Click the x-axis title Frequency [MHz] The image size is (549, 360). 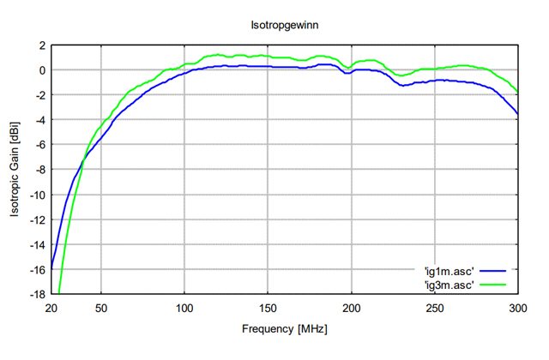284,327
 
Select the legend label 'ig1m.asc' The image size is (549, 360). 448,271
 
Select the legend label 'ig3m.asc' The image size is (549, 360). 448,283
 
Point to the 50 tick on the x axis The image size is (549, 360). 101,308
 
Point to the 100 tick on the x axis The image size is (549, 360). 184,308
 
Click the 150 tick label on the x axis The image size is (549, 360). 268,308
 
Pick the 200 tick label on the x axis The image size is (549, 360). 351,308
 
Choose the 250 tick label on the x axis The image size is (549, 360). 434,308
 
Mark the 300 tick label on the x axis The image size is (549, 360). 517,308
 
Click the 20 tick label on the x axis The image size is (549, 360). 51,308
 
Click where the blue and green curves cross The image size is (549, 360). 83,159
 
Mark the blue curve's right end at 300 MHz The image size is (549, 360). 517,114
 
